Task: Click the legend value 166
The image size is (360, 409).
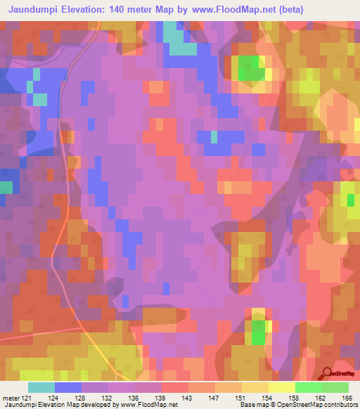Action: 346,398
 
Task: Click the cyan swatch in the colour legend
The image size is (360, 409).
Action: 41,387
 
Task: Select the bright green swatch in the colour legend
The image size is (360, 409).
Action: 309,387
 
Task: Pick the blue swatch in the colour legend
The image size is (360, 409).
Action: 68,387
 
